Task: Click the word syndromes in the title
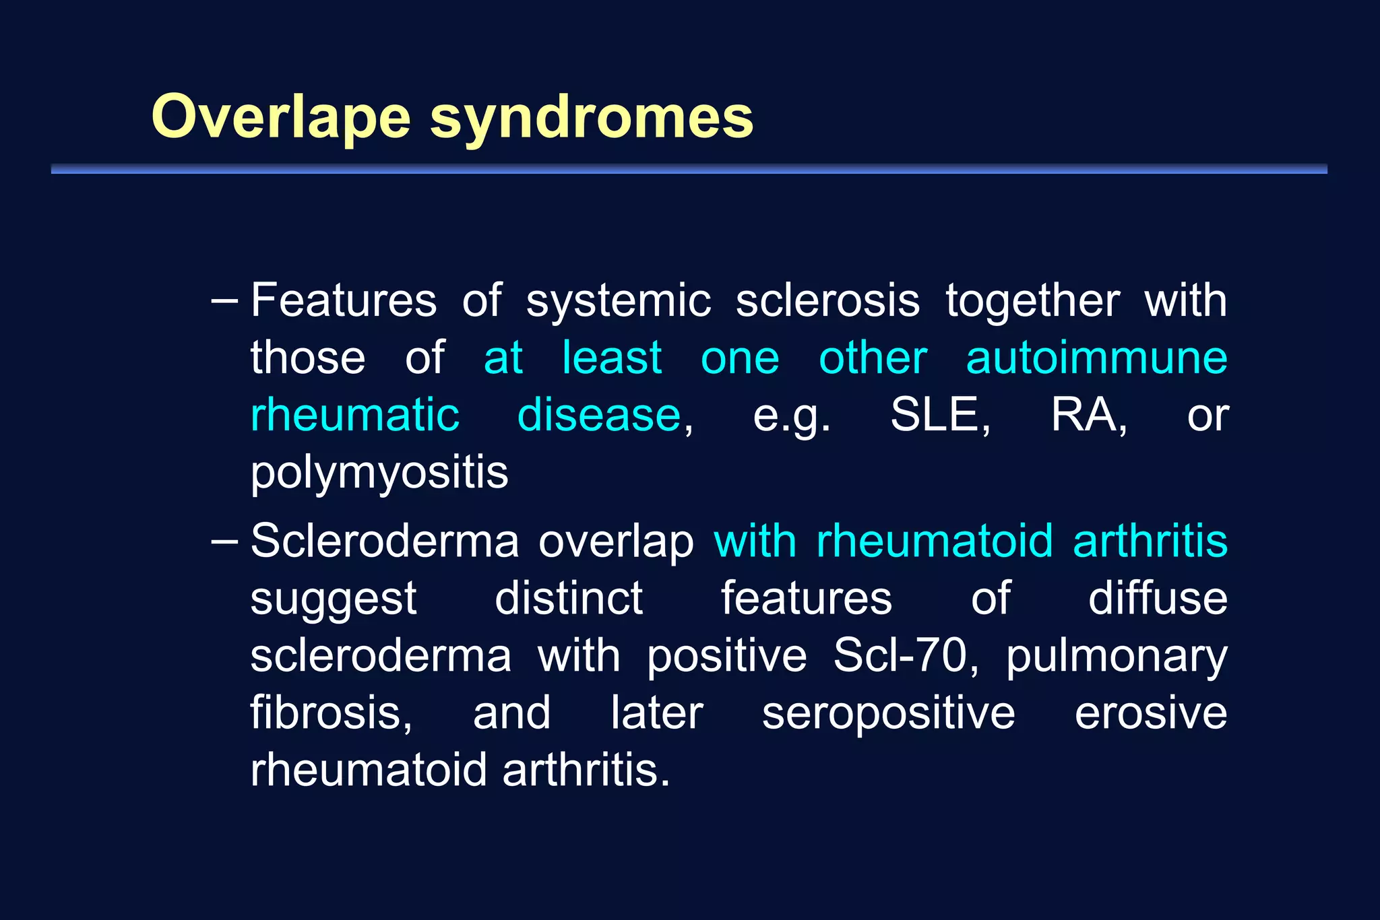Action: [x=592, y=119]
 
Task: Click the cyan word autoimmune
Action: [x=1096, y=358]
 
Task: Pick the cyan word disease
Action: [x=599, y=415]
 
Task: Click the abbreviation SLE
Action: [x=939, y=415]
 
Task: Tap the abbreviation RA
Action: [x=1088, y=415]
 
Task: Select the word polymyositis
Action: [x=379, y=473]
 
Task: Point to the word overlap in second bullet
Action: [x=616, y=541]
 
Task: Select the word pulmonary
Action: [x=1117, y=657]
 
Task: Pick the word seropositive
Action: [x=888, y=714]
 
